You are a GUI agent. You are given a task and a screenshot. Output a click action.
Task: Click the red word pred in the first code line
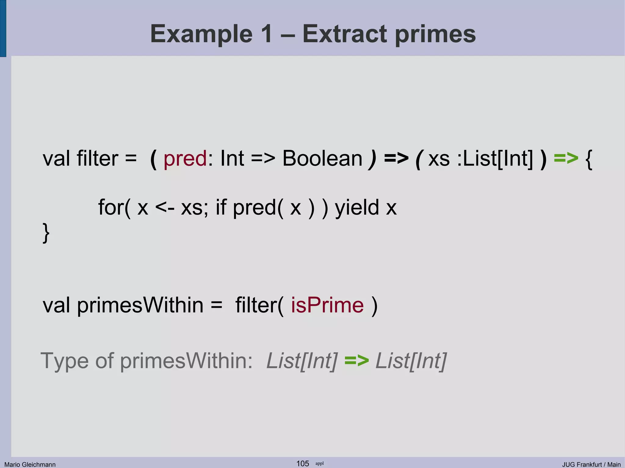point(185,159)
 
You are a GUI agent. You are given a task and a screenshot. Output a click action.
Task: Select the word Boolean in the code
point(322,159)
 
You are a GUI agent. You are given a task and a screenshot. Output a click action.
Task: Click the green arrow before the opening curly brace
point(566,158)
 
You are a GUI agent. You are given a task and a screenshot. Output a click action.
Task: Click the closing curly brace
point(46,233)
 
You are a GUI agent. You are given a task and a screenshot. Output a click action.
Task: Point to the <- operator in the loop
point(165,208)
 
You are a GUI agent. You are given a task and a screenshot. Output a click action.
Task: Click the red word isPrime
point(327,305)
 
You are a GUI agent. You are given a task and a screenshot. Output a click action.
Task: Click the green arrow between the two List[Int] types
point(356,361)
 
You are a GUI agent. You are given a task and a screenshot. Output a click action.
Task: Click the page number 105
point(303,463)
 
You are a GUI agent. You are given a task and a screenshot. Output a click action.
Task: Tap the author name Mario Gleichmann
point(30,464)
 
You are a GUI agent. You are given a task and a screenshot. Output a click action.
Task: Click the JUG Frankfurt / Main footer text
point(591,464)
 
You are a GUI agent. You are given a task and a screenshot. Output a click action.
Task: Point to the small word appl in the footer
point(320,463)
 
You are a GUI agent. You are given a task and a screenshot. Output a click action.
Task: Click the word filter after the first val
point(97,159)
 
